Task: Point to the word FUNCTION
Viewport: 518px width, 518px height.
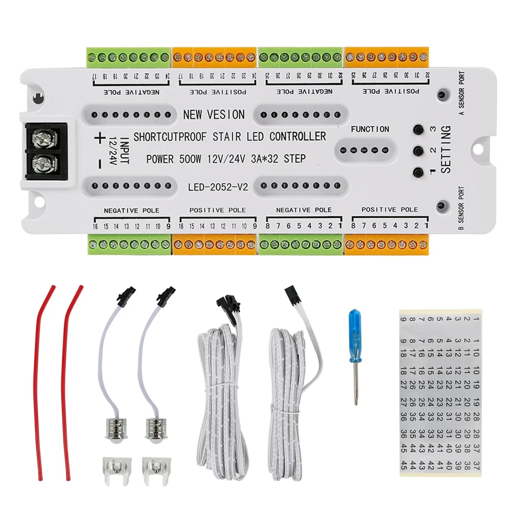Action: point(370,129)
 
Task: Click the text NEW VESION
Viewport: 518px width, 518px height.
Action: point(213,114)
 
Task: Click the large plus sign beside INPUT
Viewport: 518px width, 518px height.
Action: point(98,138)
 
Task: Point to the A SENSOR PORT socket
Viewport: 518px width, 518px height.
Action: point(442,95)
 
